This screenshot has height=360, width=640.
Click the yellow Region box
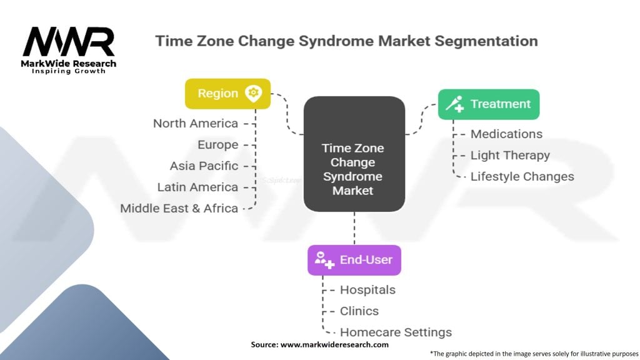[227, 94]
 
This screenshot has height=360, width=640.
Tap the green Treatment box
[489, 104]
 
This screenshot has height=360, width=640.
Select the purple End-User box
[354, 260]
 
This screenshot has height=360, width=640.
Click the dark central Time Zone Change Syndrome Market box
[354, 154]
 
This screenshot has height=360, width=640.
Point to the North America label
[196, 123]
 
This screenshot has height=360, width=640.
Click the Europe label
[218, 144]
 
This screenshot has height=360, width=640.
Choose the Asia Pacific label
[204, 166]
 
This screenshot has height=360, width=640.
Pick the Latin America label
[197, 187]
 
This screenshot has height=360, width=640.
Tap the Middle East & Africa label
[179, 208]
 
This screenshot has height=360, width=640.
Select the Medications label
[506, 134]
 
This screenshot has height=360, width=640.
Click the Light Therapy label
[510, 155]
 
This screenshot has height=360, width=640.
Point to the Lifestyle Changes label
[522, 176]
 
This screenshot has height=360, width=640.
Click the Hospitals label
[367, 290]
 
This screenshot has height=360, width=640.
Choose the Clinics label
[359, 311]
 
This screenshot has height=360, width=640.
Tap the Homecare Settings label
[396, 332]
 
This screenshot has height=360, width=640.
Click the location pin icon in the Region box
[254, 94]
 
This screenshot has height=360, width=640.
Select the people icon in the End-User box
[324, 260]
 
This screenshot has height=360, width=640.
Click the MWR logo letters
[69, 42]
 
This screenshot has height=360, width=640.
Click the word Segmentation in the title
[486, 41]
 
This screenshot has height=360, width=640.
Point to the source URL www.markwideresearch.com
[335, 344]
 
